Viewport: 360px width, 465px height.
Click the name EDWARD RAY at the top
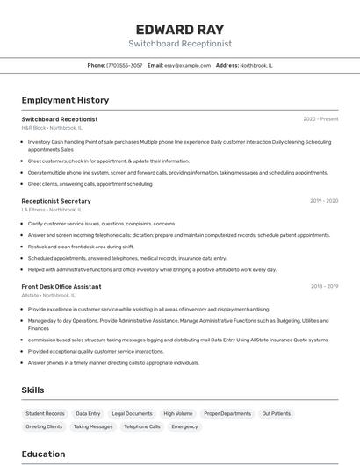(x=180, y=29)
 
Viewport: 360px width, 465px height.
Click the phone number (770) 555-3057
(x=125, y=65)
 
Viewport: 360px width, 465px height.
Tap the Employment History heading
(x=65, y=100)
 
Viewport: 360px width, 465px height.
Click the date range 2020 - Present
(x=320, y=119)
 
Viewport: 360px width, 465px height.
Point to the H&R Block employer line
(x=52, y=128)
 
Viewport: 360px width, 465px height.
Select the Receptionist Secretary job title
(x=56, y=201)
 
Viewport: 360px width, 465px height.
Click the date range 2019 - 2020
(x=324, y=201)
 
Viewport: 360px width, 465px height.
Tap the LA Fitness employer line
(x=52, y=210)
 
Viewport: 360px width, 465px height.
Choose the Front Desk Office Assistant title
(x=61, y=286)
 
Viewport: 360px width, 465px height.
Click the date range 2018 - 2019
(x=324, y=286)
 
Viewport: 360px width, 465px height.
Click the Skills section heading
(x=32, y=390)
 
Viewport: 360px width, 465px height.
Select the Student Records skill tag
(x=45, y=413)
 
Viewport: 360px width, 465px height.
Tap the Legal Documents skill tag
(x=133, y=413)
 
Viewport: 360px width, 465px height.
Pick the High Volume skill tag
(x=178, y=413)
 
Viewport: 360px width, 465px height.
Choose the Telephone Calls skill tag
(x=141, y=426)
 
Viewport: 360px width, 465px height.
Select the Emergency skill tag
(x=184, y=426)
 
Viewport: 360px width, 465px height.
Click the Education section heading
(x=43, y=454)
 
